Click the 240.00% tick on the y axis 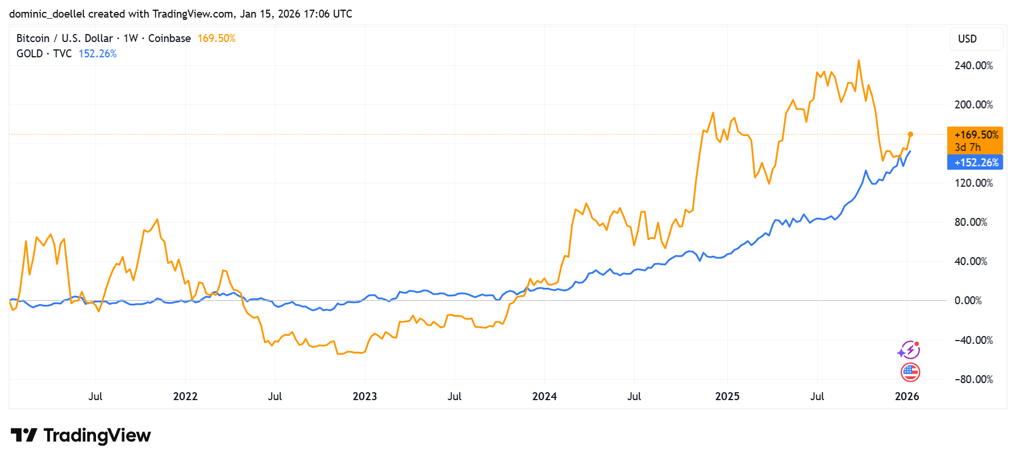tap(973, 66)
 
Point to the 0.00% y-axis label tap(968, 301)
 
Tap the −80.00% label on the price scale tap(973, 379)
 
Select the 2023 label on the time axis tap(364, 396)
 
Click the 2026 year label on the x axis tap(906, 396)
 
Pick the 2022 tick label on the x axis tap(185, 396)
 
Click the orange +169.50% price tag tap(976, 135)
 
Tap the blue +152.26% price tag tap(976, 162)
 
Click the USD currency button tap(967, 39)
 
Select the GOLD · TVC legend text tap(44, 54)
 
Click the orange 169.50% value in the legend tap(216, 39)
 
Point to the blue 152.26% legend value tap(97, 54)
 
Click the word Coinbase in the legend tap(169, 39)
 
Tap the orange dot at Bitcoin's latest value tap(910, 135)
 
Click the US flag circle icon tap(910, 372)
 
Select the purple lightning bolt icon tap(910, 350)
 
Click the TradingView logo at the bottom tap(81, 435)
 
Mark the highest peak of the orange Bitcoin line tap(859, 61)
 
